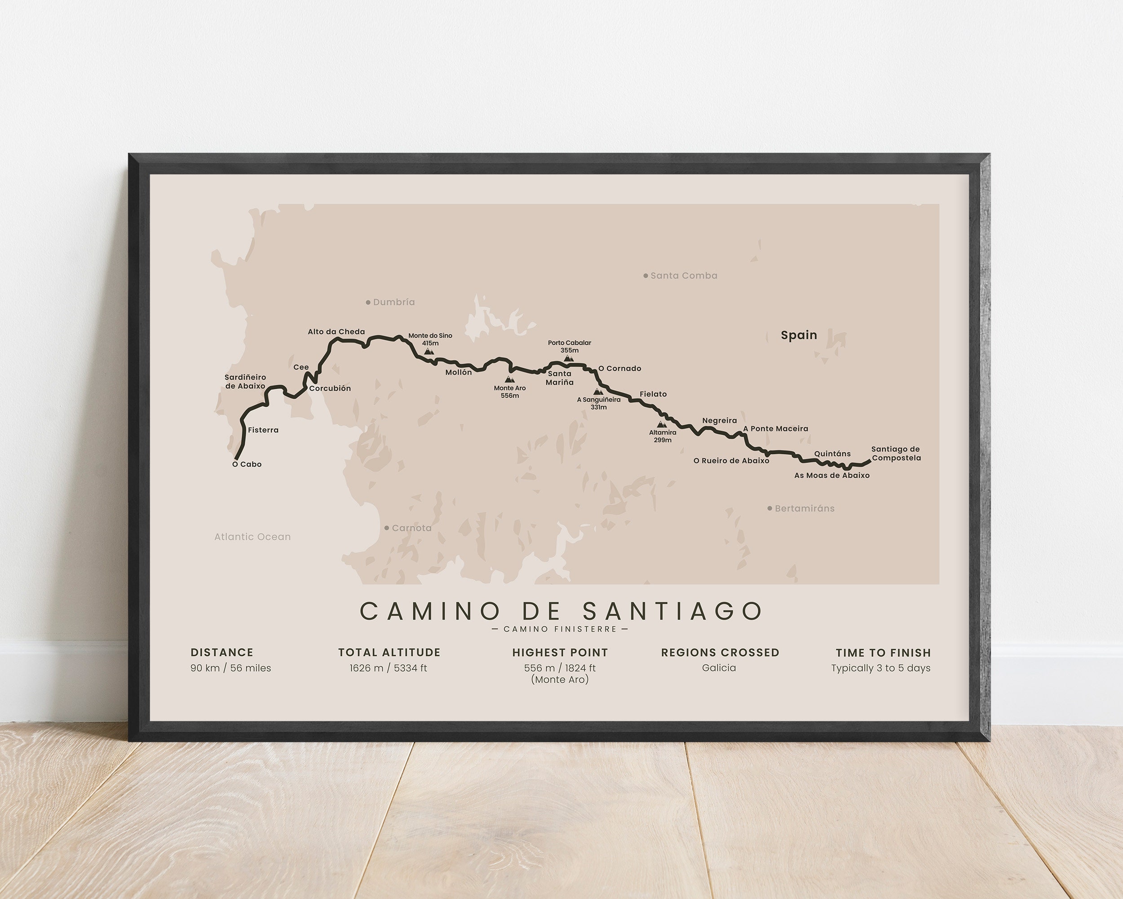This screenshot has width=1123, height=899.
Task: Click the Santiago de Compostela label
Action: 896,454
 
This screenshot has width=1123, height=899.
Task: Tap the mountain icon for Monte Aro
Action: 509,379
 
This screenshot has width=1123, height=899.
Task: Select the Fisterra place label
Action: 263,430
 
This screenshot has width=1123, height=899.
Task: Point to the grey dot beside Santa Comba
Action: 646,276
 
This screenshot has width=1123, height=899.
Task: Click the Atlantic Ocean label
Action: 252,537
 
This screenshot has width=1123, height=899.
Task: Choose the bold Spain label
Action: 799,335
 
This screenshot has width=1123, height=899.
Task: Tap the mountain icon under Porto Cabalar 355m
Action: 569,359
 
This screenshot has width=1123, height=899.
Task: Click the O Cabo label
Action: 247,464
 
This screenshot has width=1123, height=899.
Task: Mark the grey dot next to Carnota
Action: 386,528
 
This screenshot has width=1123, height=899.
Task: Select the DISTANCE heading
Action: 222,653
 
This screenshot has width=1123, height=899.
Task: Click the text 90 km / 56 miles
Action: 231,668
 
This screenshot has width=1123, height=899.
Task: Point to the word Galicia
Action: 719,668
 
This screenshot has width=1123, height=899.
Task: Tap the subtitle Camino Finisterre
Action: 561,629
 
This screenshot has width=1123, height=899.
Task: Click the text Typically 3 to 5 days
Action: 880,668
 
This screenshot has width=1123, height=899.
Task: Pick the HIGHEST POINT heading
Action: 560,653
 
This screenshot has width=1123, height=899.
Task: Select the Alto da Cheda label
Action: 336,331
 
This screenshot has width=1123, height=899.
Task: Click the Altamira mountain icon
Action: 662,425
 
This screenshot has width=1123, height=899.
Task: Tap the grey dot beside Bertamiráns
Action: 770,508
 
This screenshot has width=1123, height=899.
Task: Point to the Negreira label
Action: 719,421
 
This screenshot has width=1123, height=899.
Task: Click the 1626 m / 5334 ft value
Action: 388,668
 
